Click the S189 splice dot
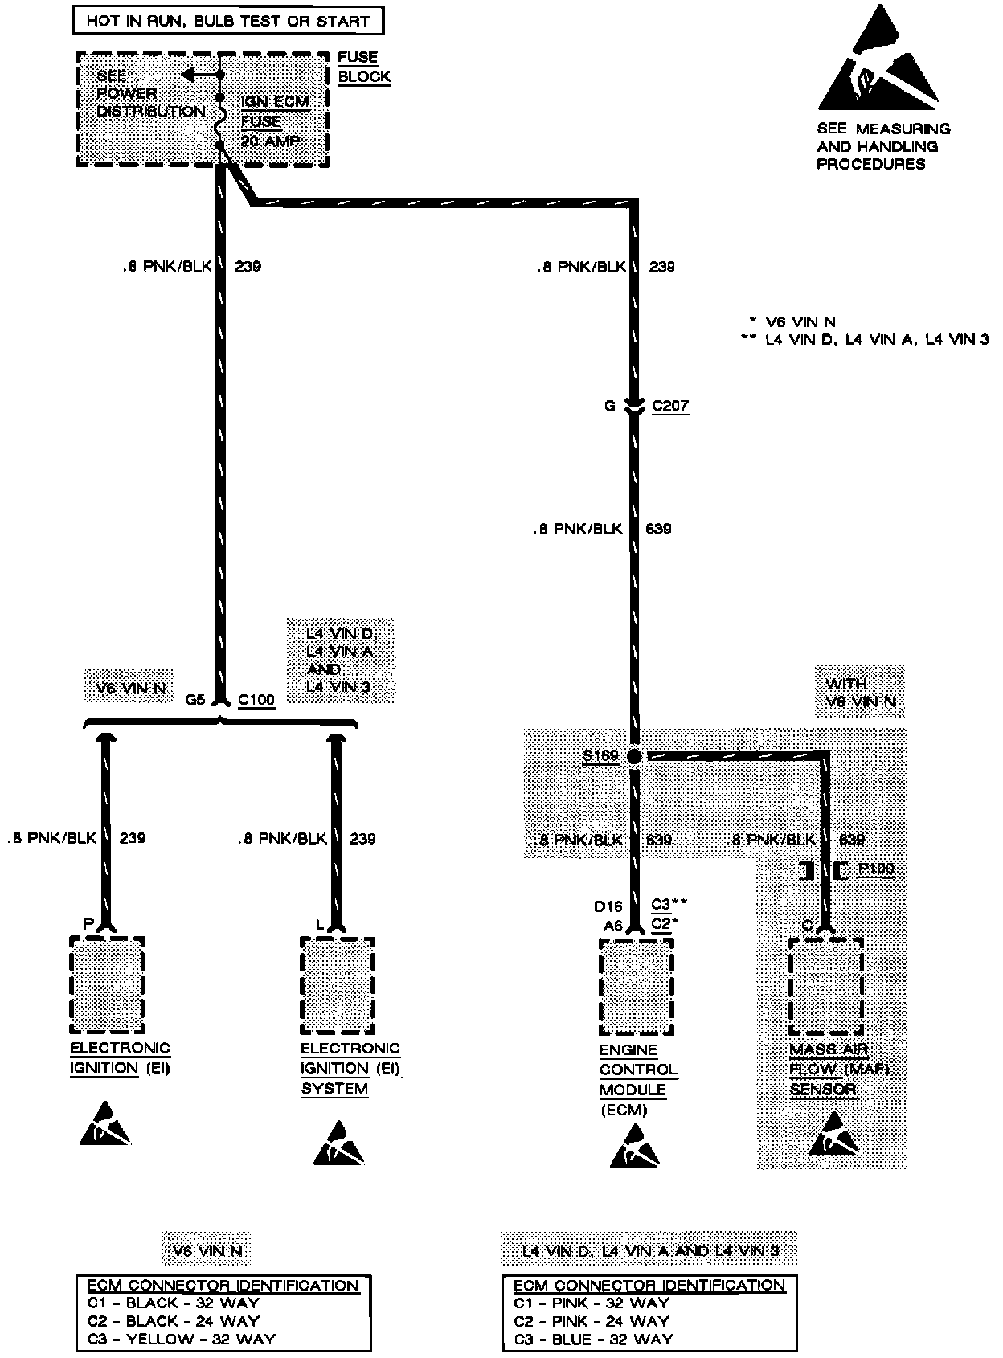click(x=634, y=756)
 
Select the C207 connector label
click(x=670, y=406)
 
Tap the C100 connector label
click(x=256, y=700)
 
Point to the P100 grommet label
click(x=876, y=869)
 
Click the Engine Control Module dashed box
click(x=636, y=987)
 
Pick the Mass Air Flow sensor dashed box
click(x=825, y=987)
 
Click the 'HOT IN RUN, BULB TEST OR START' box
click(x=227, y=21)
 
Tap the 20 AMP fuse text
click(x=270, y=141)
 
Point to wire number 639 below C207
click(x=658, y=529)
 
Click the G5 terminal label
click(x=195, y=700)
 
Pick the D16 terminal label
click(x=608, y=906)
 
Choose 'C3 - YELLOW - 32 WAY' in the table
click(x=181, y=1339)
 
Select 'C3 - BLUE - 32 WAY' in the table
click(x=593, y=1339)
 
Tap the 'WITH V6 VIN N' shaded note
click(x=859, y=693)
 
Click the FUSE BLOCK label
click(x=363, y=67)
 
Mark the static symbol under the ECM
click(x=634, y=1147)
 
